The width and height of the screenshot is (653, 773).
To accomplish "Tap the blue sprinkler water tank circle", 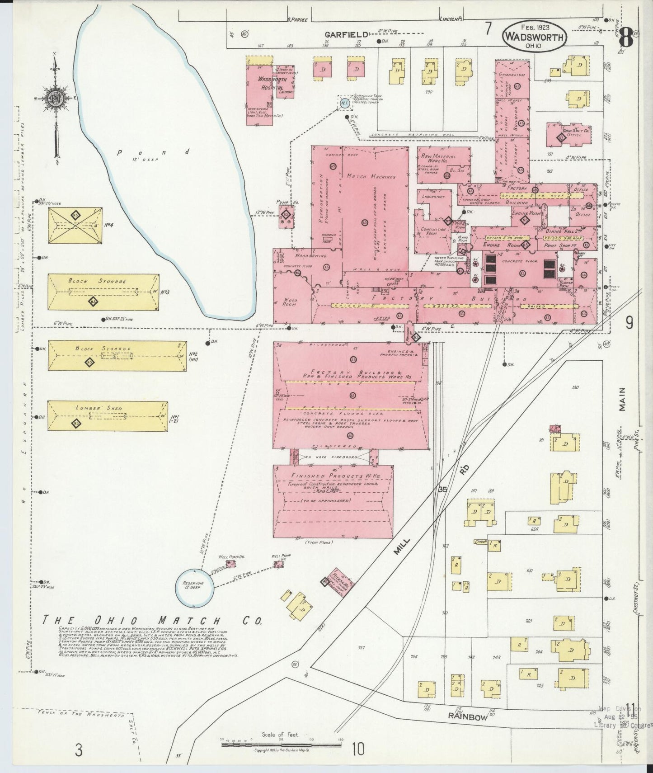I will pos(344,103).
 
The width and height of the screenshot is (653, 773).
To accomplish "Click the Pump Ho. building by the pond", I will pos(286,216).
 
